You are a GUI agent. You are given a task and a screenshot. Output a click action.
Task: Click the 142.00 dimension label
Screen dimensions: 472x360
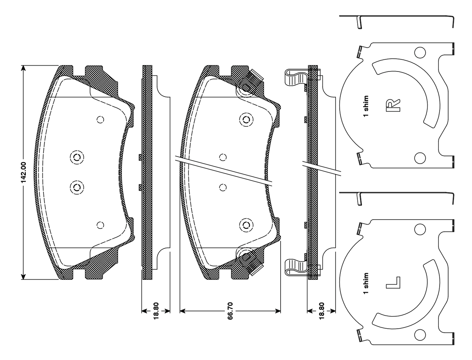coord(24,172)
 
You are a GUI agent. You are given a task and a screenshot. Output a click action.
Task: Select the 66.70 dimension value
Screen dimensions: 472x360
coord(230,311)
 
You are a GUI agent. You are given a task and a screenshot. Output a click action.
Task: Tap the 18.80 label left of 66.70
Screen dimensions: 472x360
coord(156,311)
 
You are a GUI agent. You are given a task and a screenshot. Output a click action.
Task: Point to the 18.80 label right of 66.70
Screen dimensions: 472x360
coord(321,311)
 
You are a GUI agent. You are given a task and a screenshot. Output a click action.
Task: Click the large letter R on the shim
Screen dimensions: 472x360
coord(393,105)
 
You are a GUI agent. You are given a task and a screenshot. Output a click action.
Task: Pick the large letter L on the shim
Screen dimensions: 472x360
coord(393,283)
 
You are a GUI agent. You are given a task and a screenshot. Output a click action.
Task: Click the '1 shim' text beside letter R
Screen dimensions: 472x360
coord(366,106)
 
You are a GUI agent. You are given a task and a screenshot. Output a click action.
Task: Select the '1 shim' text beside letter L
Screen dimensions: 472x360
coord(366,283)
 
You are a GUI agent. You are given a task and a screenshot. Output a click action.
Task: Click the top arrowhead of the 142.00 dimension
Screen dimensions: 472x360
coord(23,68)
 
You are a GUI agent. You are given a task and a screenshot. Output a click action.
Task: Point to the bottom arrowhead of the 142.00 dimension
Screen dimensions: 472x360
coord(23,277)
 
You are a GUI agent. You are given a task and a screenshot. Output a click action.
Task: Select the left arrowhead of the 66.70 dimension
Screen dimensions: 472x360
coord(183,311)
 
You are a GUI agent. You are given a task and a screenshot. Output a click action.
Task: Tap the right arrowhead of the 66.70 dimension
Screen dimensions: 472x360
coord(278,311)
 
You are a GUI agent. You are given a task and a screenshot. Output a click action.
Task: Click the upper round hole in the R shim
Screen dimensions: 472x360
coord(420,52)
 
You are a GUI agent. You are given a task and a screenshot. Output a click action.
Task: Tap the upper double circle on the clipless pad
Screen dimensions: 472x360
coord(77,157)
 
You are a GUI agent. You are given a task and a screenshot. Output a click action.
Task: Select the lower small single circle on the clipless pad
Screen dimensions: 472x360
coord(100,225)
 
